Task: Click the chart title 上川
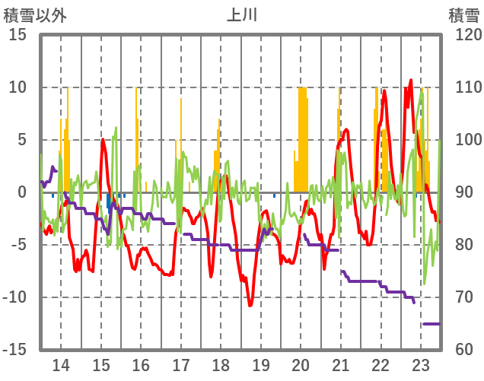tap(241, 14)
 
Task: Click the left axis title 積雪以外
tap(35, 14)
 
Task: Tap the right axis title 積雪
tap(463, 14)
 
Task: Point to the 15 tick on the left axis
tap(18, 35)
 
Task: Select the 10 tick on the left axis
tap(18, 87)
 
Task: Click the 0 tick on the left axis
tap(23, 192)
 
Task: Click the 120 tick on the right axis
tap(462, 35)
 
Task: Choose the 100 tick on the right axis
tap(462, 140)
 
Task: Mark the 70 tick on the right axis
tap(457, 297)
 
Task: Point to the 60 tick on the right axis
tap(457, 350)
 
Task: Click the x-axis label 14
tap(61, 364)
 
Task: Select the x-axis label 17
tap(181, 364)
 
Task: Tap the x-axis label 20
tap(301, 364)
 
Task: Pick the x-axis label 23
tap(421, 364)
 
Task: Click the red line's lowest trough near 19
tap(250, 305)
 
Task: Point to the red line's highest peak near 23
tap(411, 81)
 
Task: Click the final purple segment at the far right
tap(431, 324)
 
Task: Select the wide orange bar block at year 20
tap(302, 137)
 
